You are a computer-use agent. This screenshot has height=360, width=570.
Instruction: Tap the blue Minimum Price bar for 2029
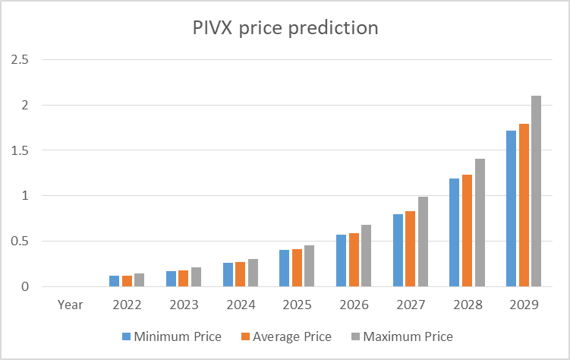point(512,209)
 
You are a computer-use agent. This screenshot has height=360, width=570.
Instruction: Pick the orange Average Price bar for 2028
point(467,231)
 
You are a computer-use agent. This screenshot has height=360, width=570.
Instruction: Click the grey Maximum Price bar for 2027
point(423,242)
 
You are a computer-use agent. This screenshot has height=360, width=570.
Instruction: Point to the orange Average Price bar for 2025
point(296,268)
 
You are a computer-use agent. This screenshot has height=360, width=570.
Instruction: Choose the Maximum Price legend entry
point(402,336)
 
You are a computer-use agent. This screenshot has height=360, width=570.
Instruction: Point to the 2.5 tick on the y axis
point(19,59)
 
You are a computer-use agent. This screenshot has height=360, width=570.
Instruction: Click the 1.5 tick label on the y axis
point(19,150)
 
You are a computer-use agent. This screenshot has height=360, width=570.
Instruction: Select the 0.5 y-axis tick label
point(19,242)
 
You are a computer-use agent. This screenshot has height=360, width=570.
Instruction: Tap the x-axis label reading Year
point(70,305)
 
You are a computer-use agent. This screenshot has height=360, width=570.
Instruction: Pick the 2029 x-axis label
point(524,305)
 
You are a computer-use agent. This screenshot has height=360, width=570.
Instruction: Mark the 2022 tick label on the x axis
point(127,305)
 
